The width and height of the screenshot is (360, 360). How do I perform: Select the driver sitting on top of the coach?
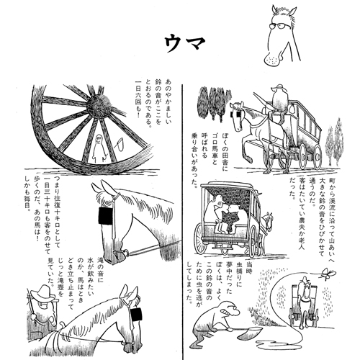[x=276, y=99]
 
